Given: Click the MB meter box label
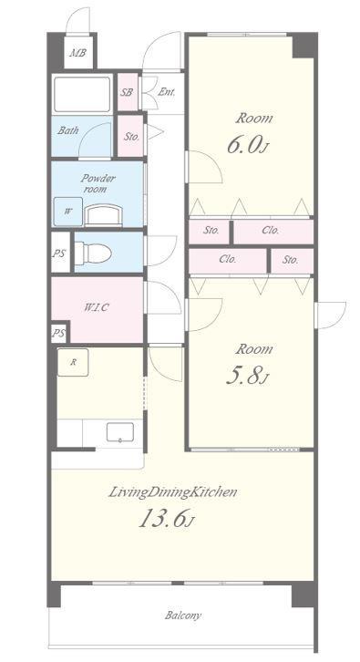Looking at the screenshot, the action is pyautogui.click(x=77, y=53).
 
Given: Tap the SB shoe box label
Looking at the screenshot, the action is pyautogui.click(x=126, y=92).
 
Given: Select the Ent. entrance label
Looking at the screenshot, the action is pyautogui.click(x=166, y=92).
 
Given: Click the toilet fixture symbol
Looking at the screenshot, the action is pyautogui.click(x=97, y=253).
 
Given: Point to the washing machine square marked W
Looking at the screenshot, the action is pyautogui.click(x=67, y=212).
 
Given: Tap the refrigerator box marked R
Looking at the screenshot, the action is pyautogui.click(x=73, y=362).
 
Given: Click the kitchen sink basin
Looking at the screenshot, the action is pyautogui.click(x=120, y=432).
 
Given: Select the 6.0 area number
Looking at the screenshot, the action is pyautogui.click(x=247, y=146).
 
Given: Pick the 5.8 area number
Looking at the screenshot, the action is pyautogui.click(x=247, y=377).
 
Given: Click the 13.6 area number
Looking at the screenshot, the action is pyautogui.click(x=166, y=519).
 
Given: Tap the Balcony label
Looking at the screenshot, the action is pyautogui.click(x=183, y=615).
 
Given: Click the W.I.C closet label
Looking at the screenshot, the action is pyautogui.click(x=97, y=307).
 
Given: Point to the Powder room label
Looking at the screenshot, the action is pyautogui.click(x=98, y=183).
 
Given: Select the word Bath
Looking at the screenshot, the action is pyautogui.click(x=68, y=130).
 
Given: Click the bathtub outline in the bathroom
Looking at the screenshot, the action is pyautogui.click(x=82, y=94).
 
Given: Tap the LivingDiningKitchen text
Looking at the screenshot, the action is pyautogui.click(x=172, y=492).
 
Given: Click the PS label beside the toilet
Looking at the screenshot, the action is pyautogui.click(x=59, y=254).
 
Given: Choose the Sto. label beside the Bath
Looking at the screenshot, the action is pyautogui.click(x=131, y=137).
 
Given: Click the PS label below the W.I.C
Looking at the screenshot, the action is pyautogui.click(x=58, y=334).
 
